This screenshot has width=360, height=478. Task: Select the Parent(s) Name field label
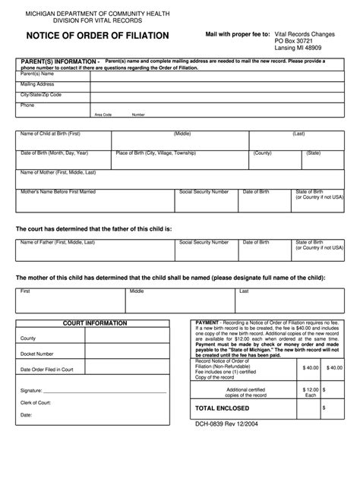click(37, 74)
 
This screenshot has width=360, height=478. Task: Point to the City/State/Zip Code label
click(41, 95)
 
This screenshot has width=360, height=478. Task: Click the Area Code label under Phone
click(103, 115)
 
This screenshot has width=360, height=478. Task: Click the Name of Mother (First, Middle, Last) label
click(61, 172)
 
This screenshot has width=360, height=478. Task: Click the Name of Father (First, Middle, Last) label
click(58, 242)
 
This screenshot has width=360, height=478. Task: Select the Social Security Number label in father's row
click(204, 242)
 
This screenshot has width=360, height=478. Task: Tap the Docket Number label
click(37, 354)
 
